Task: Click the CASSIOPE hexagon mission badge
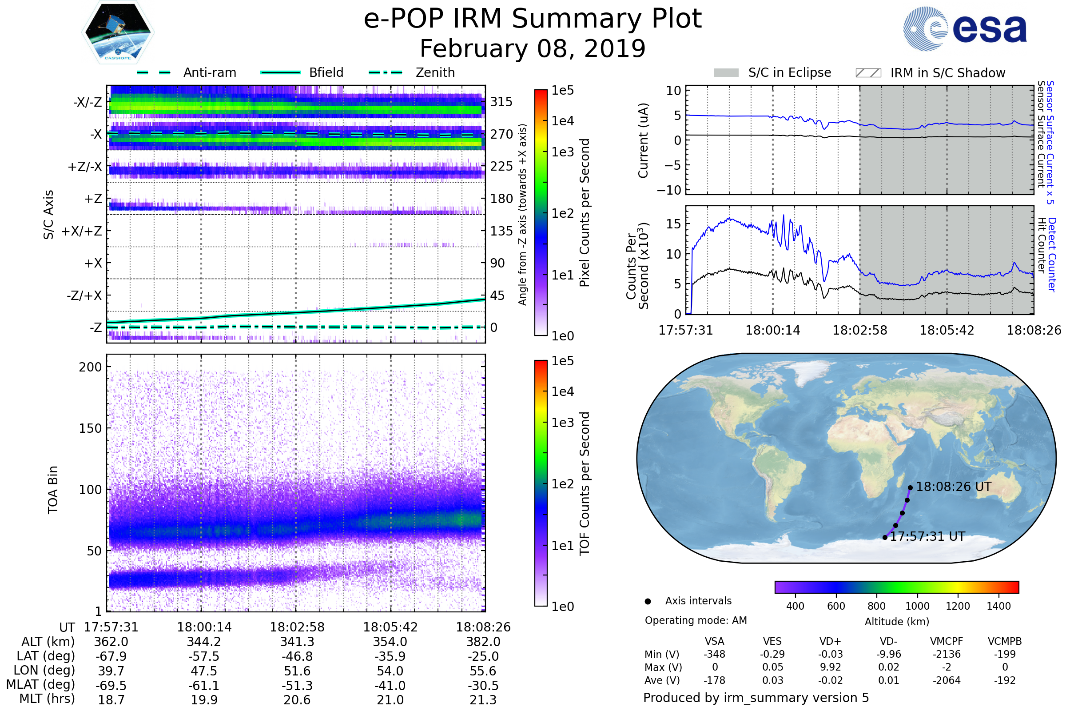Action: point(118,32)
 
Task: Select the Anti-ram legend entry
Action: point(186,72)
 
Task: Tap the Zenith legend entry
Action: point(412,72)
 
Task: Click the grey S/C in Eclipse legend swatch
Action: point(726,73)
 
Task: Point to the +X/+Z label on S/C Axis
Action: point(82,231)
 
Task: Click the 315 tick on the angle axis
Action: point(501,102)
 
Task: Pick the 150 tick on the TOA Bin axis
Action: point(90,428)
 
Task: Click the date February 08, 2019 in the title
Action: point(533,48)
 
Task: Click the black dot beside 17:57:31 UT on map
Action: point(885,537)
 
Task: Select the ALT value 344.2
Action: point(204,642)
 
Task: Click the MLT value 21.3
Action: point(483,699)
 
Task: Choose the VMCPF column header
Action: point(947,641)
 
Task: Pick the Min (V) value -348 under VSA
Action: point(714,654)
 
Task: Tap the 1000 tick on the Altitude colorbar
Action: point(917,606)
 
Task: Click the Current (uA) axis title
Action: point(643,140)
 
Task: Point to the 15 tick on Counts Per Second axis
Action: point(674,224)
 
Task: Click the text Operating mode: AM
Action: point(696,620)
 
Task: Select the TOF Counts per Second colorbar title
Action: point(585,483)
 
